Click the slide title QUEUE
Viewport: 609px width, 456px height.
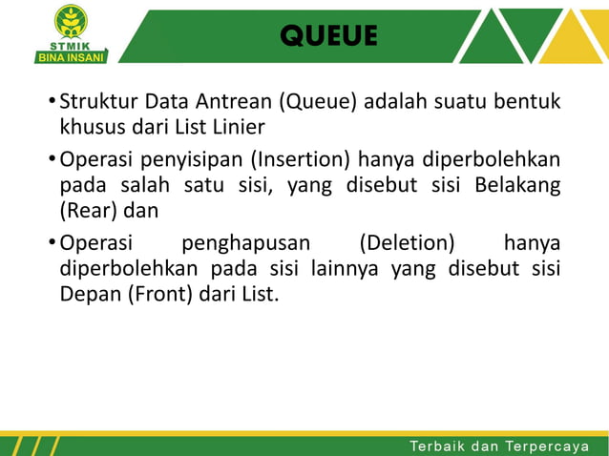(x=329, y=36)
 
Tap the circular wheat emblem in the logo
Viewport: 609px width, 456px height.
(x=71, y=20)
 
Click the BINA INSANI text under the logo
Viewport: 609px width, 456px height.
(x=71, y=56)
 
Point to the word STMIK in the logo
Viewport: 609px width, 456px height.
(x=71, y=43)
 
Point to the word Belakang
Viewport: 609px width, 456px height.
(x=516, y=182)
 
